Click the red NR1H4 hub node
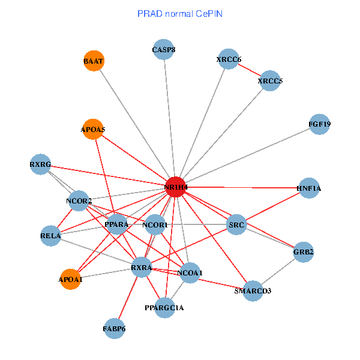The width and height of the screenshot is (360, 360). [x=175, y=187]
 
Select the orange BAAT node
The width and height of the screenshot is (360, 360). [x=93, y=61]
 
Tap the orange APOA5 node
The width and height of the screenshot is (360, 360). [x=92, y=129]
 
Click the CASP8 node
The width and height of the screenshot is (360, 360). [x=164, y=50]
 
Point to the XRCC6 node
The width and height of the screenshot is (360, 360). [x=229, y=59]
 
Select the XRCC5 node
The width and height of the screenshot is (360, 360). [x=270, y=80]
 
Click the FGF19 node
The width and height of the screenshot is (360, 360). [x=319, y=125]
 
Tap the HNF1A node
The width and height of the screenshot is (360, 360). [x=308, y=188]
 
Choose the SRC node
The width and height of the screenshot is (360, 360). [x=237, y=226]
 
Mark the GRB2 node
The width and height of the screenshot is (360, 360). [x=304, y=253]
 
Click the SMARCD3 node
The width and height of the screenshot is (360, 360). [x=253, y=291]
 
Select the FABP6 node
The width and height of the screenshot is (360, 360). [x=114, y=329]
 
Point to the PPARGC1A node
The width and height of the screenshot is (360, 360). [x=164, y=308]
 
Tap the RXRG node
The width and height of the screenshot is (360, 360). [x=40, y=164]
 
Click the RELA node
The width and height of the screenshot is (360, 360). [x=50, y=236]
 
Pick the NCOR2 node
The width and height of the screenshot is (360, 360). [x=79, y=200]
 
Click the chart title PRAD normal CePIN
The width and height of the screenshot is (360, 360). [x=180, y=14]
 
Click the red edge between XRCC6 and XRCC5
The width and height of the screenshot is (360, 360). [x=250, y=70]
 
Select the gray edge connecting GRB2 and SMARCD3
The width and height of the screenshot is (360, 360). [x=278, y=272]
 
